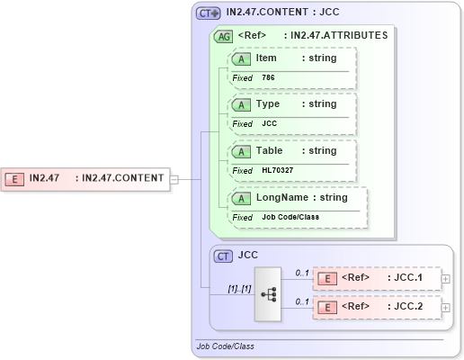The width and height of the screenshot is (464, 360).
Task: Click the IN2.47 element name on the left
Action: point(44,178)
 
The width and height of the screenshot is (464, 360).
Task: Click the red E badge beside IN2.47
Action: point(14,178)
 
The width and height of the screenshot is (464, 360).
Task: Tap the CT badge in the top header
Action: point(209,13)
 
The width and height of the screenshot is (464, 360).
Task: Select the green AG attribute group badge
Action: point(222,37)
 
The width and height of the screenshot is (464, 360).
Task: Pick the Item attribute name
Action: point(266,58)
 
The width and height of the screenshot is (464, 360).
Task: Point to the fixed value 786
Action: point(269,78)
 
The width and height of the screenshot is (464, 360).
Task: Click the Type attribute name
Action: point(267,104)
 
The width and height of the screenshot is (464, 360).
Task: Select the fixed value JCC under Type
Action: point(269,124)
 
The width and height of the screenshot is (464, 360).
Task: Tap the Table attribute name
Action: point(269,151)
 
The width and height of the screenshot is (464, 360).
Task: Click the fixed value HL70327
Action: point(276,171)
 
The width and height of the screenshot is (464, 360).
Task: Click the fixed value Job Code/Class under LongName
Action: point(290,218)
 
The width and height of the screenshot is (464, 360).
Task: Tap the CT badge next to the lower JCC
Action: point(224,256)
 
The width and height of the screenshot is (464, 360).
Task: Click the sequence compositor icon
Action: point(268,293)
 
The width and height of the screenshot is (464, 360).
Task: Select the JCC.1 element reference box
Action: point(377,279)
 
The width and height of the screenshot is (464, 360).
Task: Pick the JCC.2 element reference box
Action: point(377,307)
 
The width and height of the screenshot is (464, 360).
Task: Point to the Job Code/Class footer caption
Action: point(225,346)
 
